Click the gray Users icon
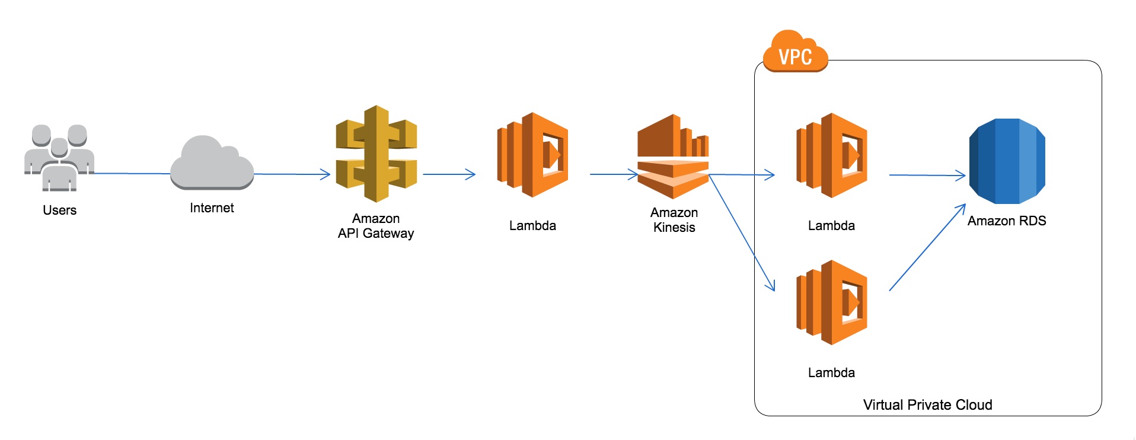[x=59, y=158]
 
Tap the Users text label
[x=59, y=211]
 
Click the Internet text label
[x=212, y=208]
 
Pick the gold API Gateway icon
[x=376, y=154]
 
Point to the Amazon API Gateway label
[x=376, y=226]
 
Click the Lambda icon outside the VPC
[x=532, y=155]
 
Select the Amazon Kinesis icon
[x=673, y=157]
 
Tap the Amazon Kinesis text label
[x=674, y=220]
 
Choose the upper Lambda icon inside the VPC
[x=831, y=155]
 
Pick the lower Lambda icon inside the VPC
[x=831, y=302]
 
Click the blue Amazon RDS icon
[x=1007, y=161]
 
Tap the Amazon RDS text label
[x=1007, y=221]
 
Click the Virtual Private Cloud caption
[x=927, y=405]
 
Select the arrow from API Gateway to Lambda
[x=449, y=174]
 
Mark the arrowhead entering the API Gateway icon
[x=325, y=174]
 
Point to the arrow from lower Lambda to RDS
[x=927, y=248]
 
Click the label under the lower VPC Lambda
[x=831, y=373]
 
